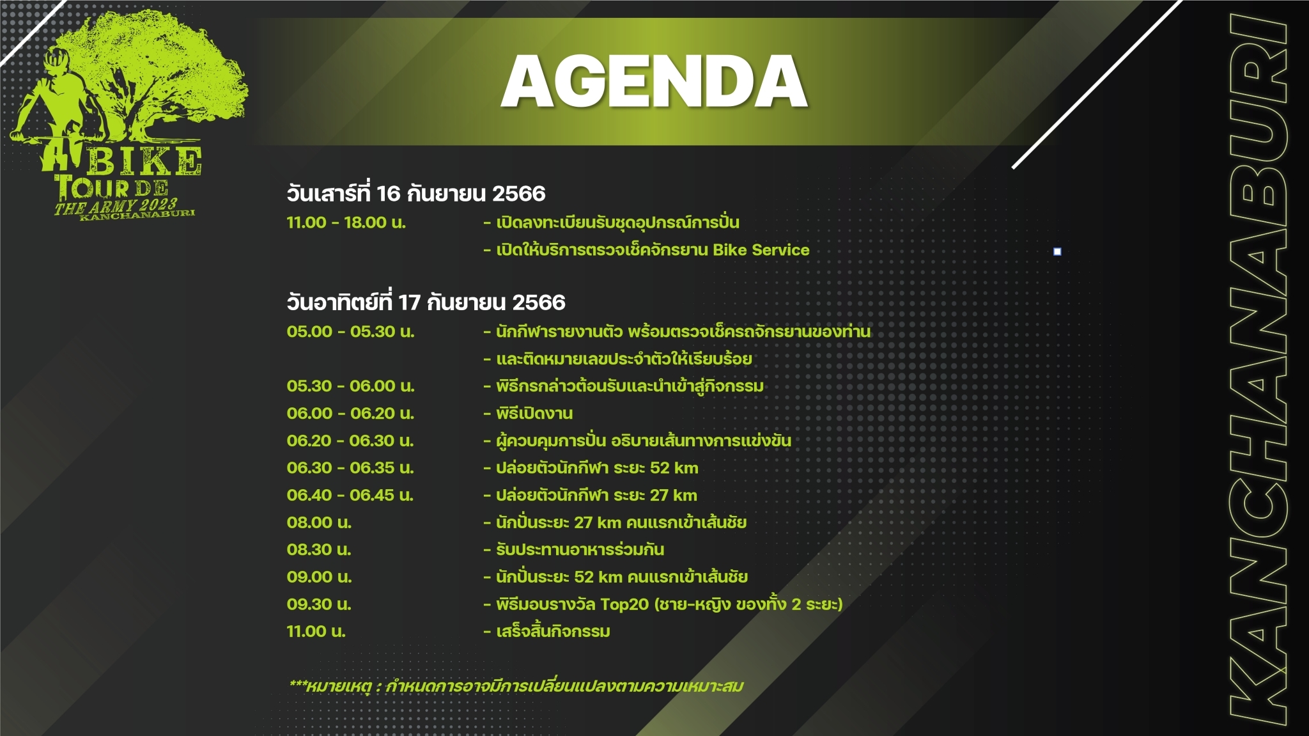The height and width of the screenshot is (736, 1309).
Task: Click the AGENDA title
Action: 654,81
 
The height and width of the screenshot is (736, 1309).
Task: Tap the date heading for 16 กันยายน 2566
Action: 416,193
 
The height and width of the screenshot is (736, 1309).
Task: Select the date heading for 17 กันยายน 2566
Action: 426,302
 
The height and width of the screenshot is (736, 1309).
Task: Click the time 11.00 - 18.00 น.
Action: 346,223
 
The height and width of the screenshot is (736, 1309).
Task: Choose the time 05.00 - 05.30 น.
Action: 350,331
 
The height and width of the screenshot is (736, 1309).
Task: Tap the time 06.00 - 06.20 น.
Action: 350,413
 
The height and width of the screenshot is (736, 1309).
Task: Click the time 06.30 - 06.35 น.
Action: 350,467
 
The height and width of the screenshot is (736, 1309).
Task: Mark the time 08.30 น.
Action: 319,550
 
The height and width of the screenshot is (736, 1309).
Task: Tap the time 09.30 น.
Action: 319,604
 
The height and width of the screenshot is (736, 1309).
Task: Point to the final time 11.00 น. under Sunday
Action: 316,632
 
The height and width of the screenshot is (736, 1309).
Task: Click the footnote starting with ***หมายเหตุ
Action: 516,686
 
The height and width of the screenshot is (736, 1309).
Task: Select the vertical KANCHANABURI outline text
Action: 1259,370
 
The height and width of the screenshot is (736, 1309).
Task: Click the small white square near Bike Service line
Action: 1057,251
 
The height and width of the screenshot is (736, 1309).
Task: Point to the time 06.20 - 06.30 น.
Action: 350,441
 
